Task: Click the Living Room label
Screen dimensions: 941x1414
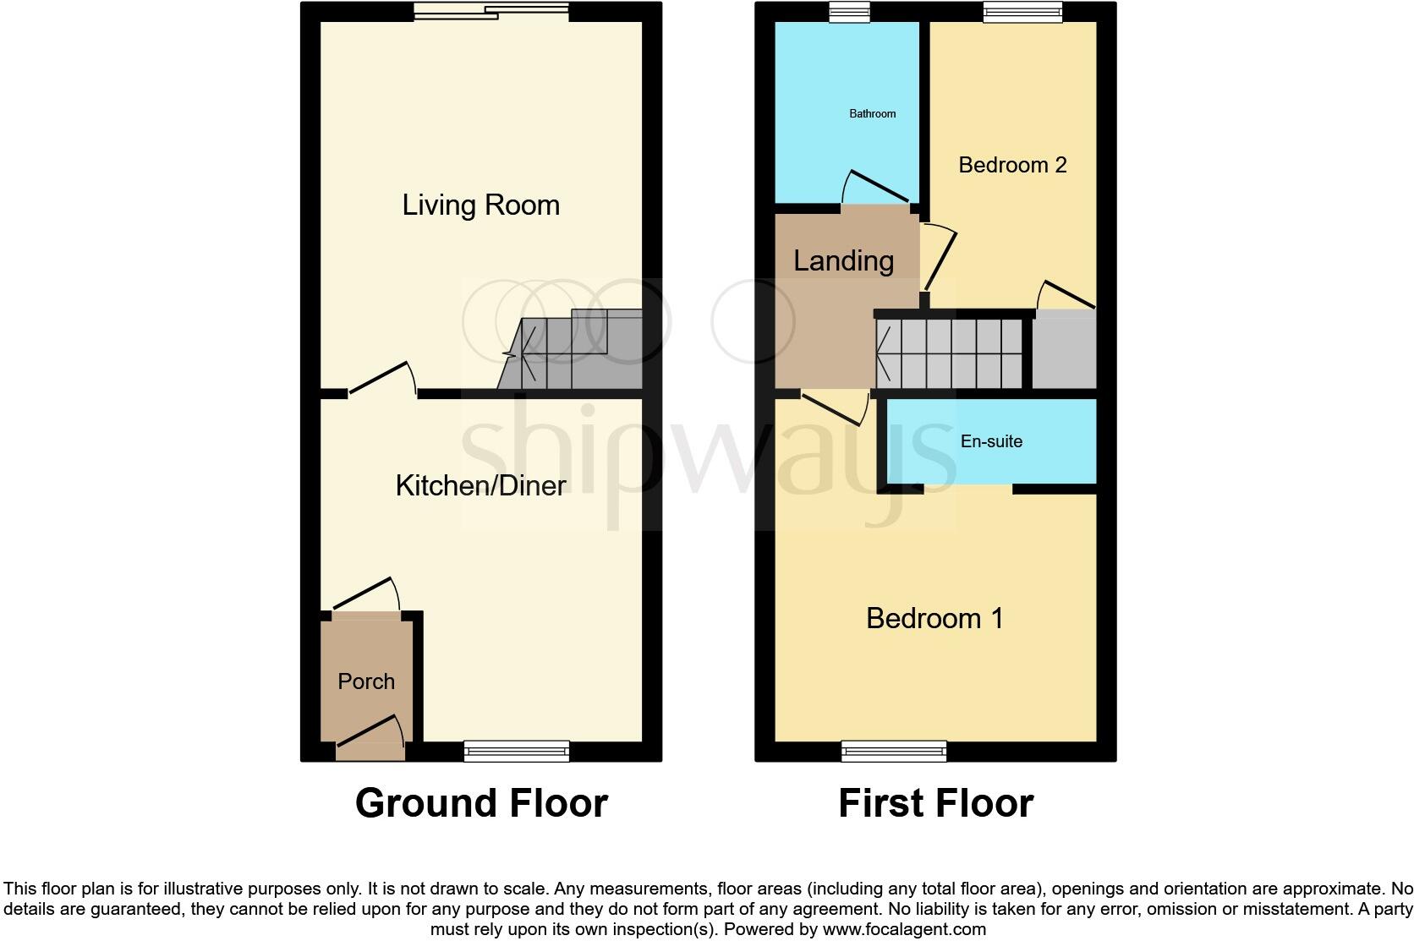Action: click(480, 205)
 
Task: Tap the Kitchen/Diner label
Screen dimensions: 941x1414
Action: click(480, 485)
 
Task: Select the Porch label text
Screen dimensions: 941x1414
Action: click(366, 681)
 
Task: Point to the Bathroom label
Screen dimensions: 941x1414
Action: click(872, 113)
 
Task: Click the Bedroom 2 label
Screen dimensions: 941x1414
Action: click(1012, 165)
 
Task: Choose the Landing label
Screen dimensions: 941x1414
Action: click(843, 260)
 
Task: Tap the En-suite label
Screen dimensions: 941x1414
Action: click(991, 441)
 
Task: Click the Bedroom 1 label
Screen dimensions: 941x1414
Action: click(934, 618)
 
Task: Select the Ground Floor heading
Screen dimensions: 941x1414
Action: click(481, 802)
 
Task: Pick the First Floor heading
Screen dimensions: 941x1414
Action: click(935, 802)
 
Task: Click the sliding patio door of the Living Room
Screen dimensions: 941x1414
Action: click(491, 11)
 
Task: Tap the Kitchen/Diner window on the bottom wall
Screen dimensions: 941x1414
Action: click(516, 751)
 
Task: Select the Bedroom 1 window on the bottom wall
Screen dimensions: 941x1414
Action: click(894, 751)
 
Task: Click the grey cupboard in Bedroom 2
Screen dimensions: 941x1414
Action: click(1064, 350)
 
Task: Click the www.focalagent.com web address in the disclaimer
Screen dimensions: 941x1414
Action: click(904, 929)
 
